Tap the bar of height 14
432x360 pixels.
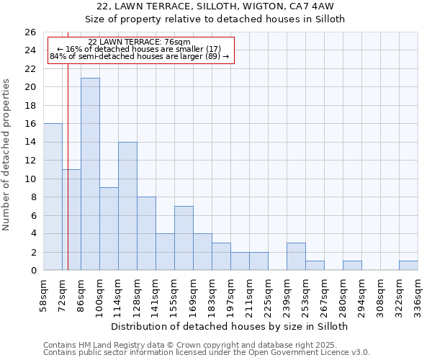127,206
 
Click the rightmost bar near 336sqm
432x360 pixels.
408,266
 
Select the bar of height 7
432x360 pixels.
184,238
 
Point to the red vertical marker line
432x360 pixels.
68,180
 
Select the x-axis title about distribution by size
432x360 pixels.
230,326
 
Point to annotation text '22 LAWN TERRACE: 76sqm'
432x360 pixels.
139,42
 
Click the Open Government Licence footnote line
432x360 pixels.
207,353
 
